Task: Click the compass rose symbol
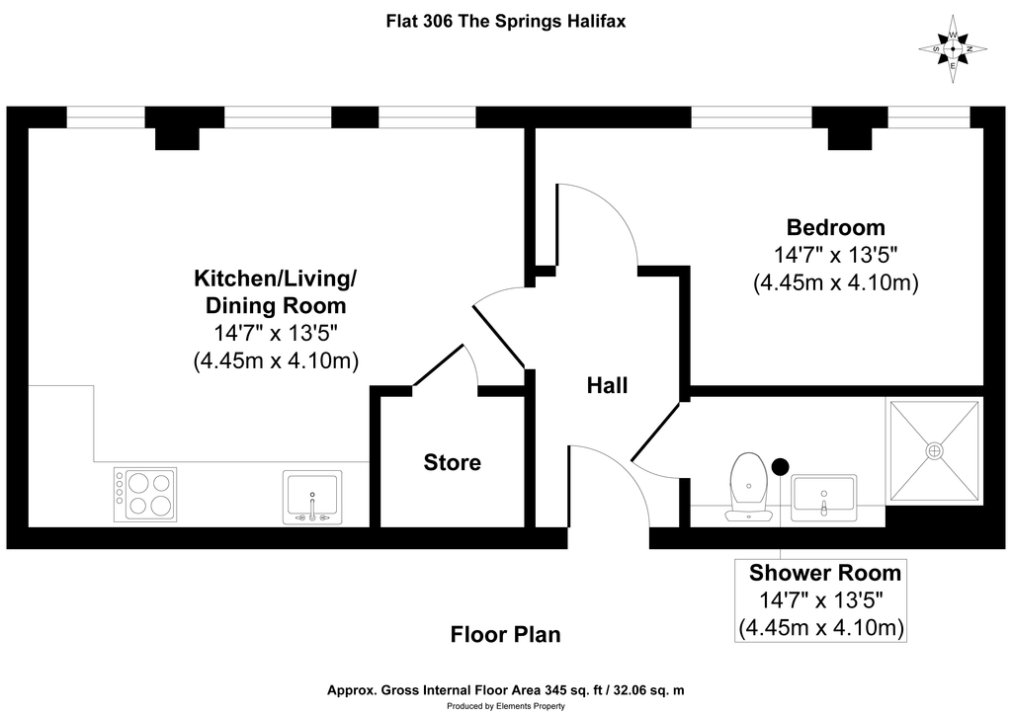(953, 49)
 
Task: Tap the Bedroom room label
(836, 227)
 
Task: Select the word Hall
(607, 385)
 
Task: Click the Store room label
(452, 462)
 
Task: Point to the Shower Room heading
(825, 573)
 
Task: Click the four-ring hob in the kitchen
(145, 495)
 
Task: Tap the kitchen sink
(312, 497)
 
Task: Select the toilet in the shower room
(749, 487)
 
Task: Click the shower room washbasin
(824, 498)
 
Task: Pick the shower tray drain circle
(935, 450)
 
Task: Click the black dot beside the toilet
(781, 466)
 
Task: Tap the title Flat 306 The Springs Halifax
(506, 22)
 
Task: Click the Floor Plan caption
(505, 634)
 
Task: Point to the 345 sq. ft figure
(572, 690)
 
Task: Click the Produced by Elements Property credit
(506, 706)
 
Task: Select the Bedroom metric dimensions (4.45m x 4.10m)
(836, 283)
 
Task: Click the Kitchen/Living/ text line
(276, 278)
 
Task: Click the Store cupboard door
(438, 365)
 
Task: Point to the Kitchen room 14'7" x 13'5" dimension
(277, 334)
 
